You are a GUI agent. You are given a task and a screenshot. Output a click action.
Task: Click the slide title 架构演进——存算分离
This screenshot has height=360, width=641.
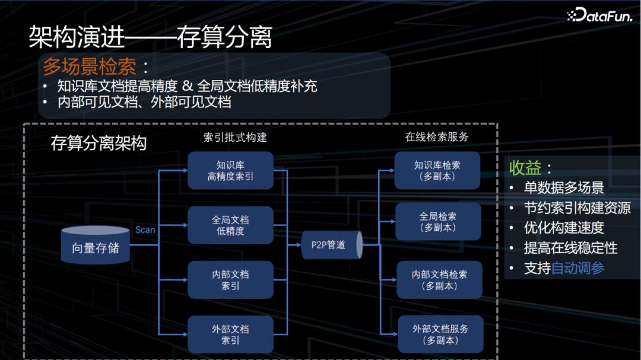[150, 37]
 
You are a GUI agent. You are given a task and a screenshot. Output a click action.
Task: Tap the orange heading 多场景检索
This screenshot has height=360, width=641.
[90, 66]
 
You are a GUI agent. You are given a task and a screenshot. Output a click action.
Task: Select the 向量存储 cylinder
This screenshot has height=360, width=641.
[96, 244]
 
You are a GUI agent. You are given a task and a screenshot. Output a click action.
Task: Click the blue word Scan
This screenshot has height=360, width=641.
[145, 230]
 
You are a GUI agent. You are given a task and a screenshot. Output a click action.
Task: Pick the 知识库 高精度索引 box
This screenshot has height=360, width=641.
[230, 170]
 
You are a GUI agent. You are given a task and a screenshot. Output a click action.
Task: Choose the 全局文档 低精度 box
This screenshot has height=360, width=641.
[230, 225]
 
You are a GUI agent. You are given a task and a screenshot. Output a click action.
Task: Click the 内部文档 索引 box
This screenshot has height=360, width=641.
[230, 280]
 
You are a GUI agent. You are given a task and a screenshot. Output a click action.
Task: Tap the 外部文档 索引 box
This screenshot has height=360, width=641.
[230, 334]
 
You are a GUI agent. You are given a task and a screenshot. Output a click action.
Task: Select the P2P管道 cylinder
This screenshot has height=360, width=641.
[329, 244]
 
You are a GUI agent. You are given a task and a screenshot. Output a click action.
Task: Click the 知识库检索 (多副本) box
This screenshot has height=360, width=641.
[437, 170]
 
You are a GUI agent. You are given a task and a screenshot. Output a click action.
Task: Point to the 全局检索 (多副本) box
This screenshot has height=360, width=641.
[437, 221]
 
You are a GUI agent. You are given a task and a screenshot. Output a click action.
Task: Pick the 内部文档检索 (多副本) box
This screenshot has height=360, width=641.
[439, 280]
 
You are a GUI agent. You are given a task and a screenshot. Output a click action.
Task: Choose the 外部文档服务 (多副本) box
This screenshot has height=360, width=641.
[440, 334]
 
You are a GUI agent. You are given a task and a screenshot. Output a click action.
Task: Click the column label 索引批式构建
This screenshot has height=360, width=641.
[235, 137]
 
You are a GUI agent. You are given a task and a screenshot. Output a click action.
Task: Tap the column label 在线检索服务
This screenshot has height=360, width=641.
[437, 137]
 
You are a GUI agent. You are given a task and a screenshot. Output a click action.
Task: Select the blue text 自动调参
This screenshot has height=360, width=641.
[577, 267]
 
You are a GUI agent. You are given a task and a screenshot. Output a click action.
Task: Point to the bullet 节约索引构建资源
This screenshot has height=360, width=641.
[577, 208]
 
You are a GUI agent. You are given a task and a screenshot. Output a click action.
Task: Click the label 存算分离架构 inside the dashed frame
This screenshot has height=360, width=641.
[99, 144]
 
